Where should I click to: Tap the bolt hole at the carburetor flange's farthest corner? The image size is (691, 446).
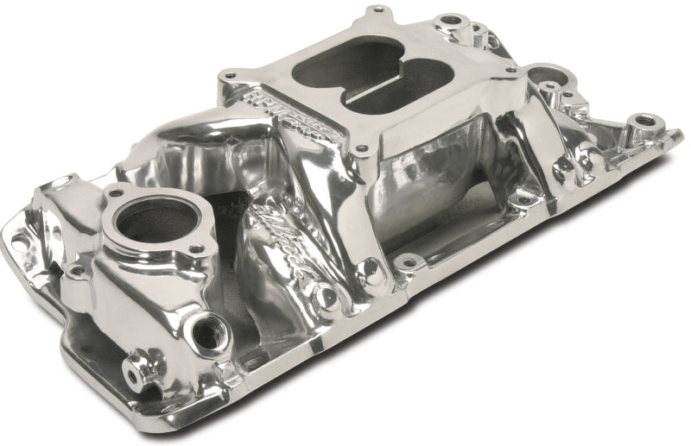pos(377,13)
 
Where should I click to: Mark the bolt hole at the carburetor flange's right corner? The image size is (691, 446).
pos(511,69)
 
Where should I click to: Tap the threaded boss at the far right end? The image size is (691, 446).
pos(641,121)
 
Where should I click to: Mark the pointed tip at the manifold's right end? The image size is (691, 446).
pos(681,132)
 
